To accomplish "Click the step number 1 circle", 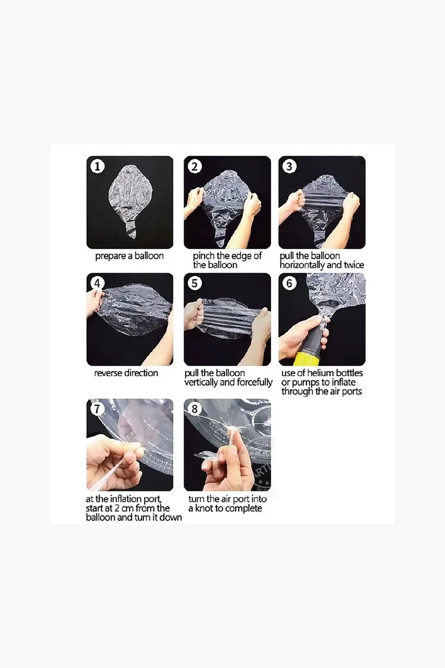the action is [98, 166].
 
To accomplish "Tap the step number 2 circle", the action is [194, 166].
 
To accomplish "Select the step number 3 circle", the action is [290, 166].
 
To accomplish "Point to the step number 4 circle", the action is [98, 283].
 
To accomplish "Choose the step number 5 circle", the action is [194, 283].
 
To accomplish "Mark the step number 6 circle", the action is [290, 283].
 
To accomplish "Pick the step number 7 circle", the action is [97, 409].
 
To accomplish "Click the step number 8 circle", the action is [194, 409].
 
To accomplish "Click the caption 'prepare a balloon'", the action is [130, 256].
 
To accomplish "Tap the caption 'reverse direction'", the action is [126, 373].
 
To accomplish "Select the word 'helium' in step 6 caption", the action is [321, 373].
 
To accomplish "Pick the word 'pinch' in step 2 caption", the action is [204, 256].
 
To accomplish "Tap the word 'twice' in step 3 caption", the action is [354, 265].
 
